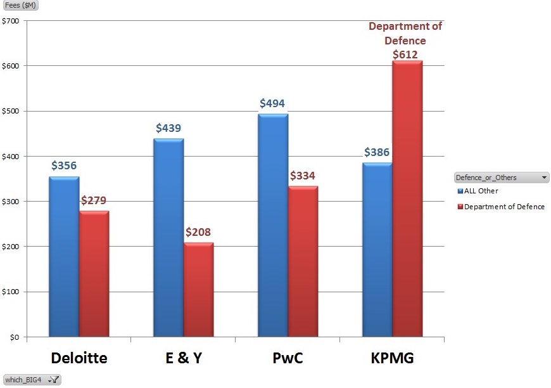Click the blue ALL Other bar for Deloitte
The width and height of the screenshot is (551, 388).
(x=64, y=257)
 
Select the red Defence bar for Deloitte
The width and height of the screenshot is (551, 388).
(x=94, y=274)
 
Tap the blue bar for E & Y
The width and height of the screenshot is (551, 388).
(x=168, y=238)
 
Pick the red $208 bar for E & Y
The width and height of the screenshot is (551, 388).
(x=199, y=290)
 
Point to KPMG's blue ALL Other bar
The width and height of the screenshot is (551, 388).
(x=377, y=250)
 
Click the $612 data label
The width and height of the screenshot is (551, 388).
(x=405, y=55)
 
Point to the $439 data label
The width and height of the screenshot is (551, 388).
(x=168, y=129)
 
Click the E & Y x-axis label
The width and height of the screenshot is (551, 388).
(x=184, y=358)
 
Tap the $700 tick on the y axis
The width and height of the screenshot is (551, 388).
(x=11, y=21)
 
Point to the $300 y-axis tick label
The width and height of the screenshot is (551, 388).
(x=11, y=202)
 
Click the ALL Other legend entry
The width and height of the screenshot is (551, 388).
(x=480, y=191)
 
